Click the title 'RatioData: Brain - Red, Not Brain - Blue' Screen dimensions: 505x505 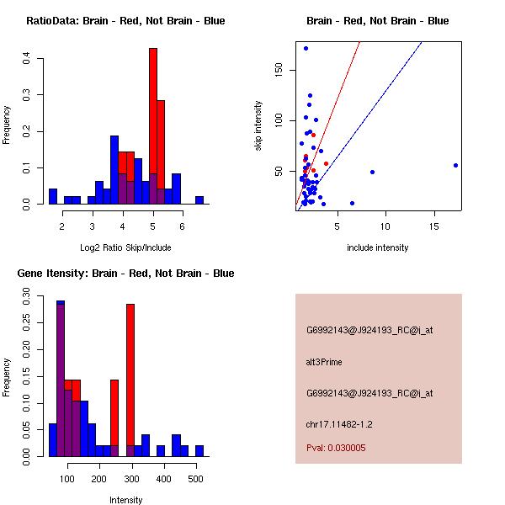[x=125, y=21]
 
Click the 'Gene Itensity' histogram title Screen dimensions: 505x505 [x=125, y=274]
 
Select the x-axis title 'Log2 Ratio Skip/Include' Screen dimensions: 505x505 [x=125, y=247]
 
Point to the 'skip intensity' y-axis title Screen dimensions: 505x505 [x=258, y=126]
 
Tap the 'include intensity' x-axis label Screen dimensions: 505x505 [x=378, y=247]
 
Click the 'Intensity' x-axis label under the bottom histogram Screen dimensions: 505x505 [x=125, y=500]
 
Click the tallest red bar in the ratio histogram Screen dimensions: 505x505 [x=153, y=126]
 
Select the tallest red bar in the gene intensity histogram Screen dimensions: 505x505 [x=130, y=379]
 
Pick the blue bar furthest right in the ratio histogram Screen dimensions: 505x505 [x=199, y=200]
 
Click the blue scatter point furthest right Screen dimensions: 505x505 [x=455, y=165]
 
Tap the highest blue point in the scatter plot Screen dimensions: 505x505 [x=306, y=48]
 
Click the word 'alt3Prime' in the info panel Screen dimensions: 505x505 [x=324, y=362]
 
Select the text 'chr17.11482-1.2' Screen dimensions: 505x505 [x=338, y=424]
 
